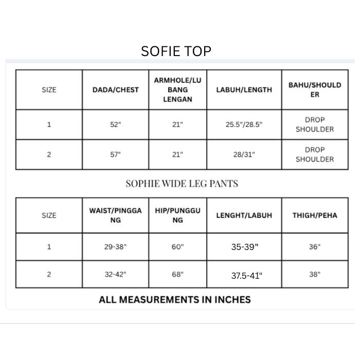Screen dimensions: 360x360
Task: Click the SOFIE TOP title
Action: click(176, 51)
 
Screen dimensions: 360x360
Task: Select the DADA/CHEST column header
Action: click(116, 89)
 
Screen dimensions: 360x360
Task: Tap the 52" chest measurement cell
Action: click(116, 124)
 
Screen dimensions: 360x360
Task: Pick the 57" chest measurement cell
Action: click(116, 154)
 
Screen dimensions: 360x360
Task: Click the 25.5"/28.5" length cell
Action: click(244, 124)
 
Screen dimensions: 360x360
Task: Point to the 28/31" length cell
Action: click(244, 154)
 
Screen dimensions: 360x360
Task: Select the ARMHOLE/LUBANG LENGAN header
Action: click(177, 89)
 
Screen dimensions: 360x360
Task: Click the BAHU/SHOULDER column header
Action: click(315, 89)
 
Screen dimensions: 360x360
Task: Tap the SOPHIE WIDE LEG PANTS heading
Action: click(182, 184)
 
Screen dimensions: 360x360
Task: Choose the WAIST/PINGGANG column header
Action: click(116, 215)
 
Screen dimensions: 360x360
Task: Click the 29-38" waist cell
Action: click(116, 247)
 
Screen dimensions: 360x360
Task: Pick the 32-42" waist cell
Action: click(116, 275)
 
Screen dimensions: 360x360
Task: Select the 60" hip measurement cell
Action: click(177, 247)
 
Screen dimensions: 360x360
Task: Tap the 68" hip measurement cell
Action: click(177, 275)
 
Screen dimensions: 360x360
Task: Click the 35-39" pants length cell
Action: click(245, 247)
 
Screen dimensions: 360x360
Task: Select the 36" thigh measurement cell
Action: click(315, 247)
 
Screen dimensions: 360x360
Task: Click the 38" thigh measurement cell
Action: click(315, 275)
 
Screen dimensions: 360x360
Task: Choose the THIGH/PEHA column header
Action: click(315, 215)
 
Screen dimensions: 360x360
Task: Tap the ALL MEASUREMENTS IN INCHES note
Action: click(175, 299)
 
